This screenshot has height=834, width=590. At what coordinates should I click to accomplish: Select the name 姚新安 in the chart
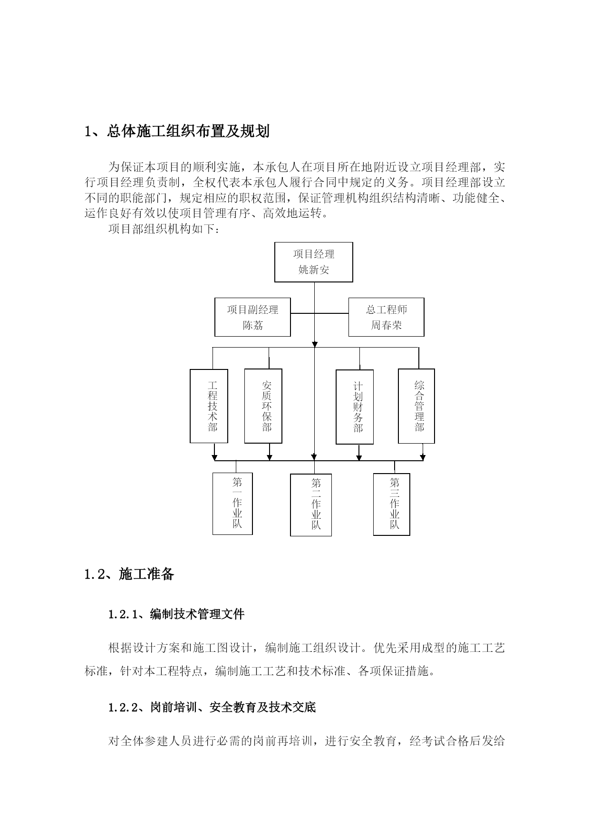click(314, 270)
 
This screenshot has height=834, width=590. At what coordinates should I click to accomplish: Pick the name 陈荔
click(252, 326)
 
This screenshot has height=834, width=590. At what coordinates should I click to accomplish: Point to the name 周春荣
click(387, 326)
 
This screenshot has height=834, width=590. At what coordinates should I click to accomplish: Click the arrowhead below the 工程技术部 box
click(214, 457)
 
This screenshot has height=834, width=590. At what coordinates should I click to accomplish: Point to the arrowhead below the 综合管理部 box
click(423, 457)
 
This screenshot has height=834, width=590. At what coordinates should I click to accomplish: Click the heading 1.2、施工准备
click(129, 574)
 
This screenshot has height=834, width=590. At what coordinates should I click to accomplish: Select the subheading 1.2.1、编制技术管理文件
click(176, 614)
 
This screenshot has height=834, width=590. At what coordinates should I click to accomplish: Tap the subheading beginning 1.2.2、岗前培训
click(212, 708)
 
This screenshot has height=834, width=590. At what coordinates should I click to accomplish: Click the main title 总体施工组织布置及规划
click(188, 131)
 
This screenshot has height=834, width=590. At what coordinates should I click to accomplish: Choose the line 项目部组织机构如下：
click(164, 229)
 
